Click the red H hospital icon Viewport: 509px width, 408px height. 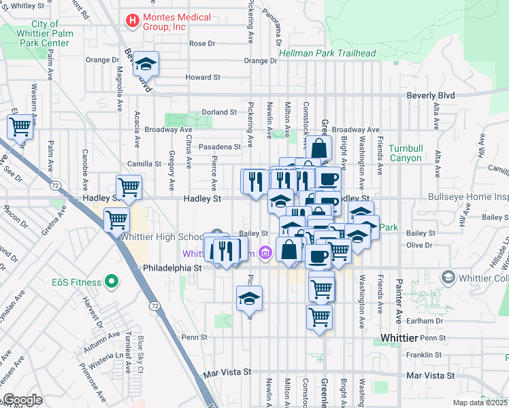click(132, 22)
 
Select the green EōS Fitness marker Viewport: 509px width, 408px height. click(111, 282)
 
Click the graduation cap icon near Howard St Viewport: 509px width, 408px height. click(146, 63)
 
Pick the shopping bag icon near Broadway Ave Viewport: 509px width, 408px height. click(318, 148)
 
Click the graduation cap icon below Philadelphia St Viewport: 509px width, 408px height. click(249, 297)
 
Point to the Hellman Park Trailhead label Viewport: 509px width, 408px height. click(318, 54)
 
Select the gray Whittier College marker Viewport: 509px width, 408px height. click(448, 277)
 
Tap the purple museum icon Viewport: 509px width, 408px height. click(265, 254)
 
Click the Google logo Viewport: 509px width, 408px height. click(22, 400)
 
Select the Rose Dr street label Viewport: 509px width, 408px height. click(202, 44)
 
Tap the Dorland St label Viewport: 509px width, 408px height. click(218, 112)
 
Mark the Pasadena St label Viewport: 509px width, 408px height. click(218, 147)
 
